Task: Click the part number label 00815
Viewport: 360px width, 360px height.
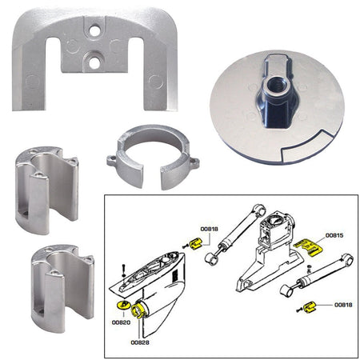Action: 334,237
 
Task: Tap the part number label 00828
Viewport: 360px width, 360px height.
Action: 141,342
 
